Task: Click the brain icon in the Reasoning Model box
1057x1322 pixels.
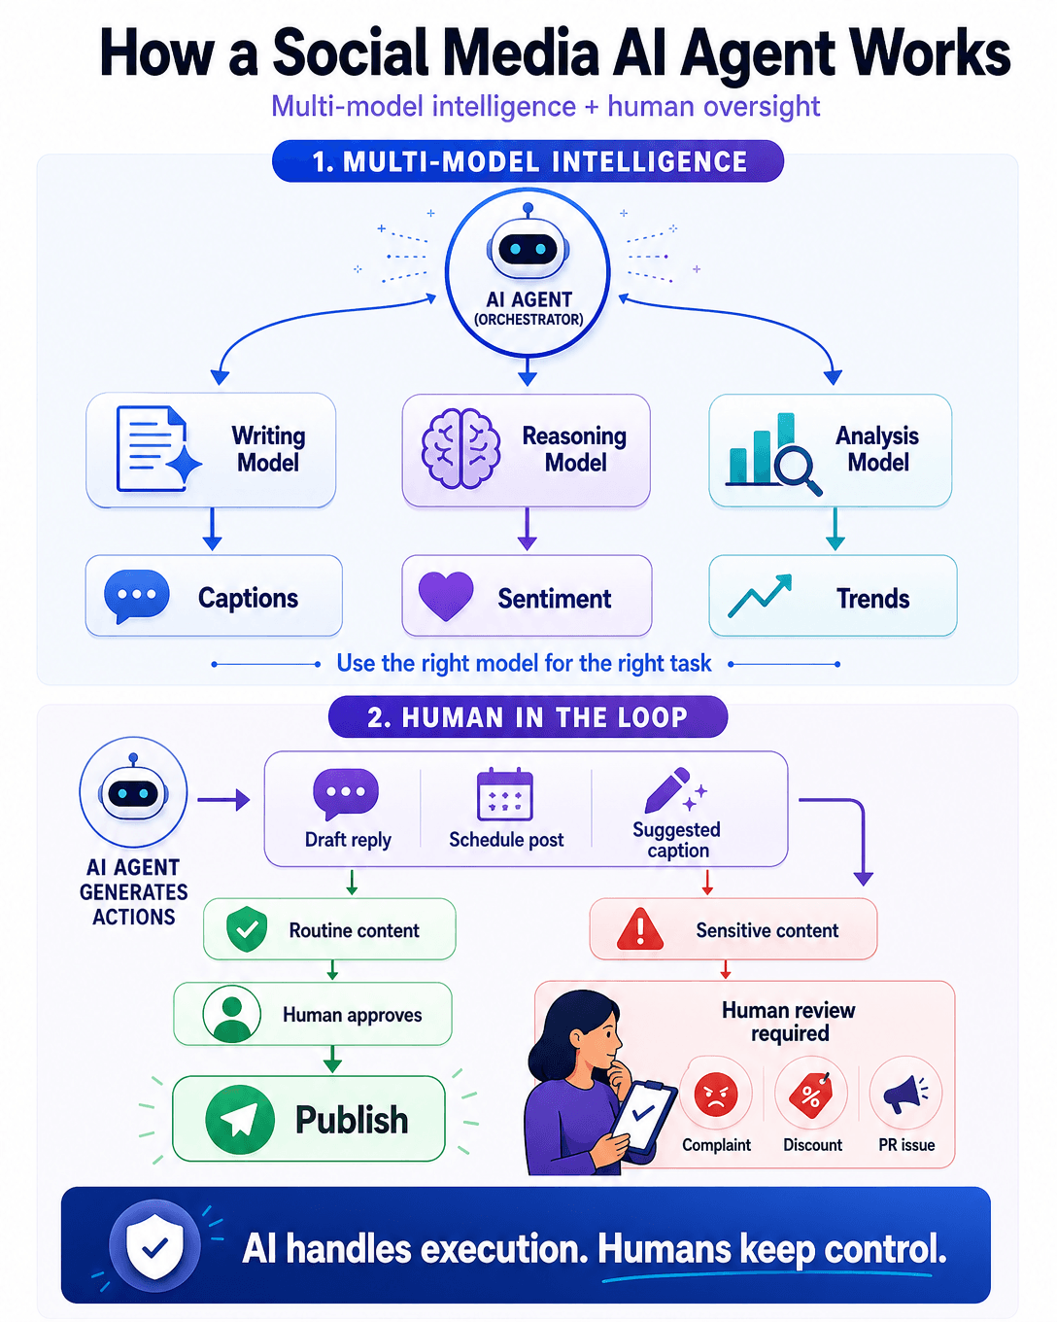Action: point(460,449)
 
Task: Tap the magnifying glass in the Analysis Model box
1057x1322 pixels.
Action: point(798,470)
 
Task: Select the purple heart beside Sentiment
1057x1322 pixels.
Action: point(446,596)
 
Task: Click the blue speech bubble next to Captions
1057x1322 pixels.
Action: point(137,596)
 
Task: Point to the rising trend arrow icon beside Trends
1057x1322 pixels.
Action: point(760,595)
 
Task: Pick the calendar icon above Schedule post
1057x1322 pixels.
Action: point(505,794)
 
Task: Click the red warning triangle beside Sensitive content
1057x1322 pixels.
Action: point(640,929)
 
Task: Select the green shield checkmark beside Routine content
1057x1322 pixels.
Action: point(247,929)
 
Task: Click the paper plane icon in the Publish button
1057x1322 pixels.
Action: point(240,1119)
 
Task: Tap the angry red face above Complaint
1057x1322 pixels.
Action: point(716,1095)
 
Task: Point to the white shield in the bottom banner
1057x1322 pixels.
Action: point(154,1246)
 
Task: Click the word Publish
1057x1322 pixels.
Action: point(352,1119)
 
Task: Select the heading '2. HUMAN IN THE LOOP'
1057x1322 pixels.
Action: point(528,717)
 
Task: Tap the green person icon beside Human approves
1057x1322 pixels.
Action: point(231,1014)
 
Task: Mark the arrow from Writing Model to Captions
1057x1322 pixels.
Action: point(212,528)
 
